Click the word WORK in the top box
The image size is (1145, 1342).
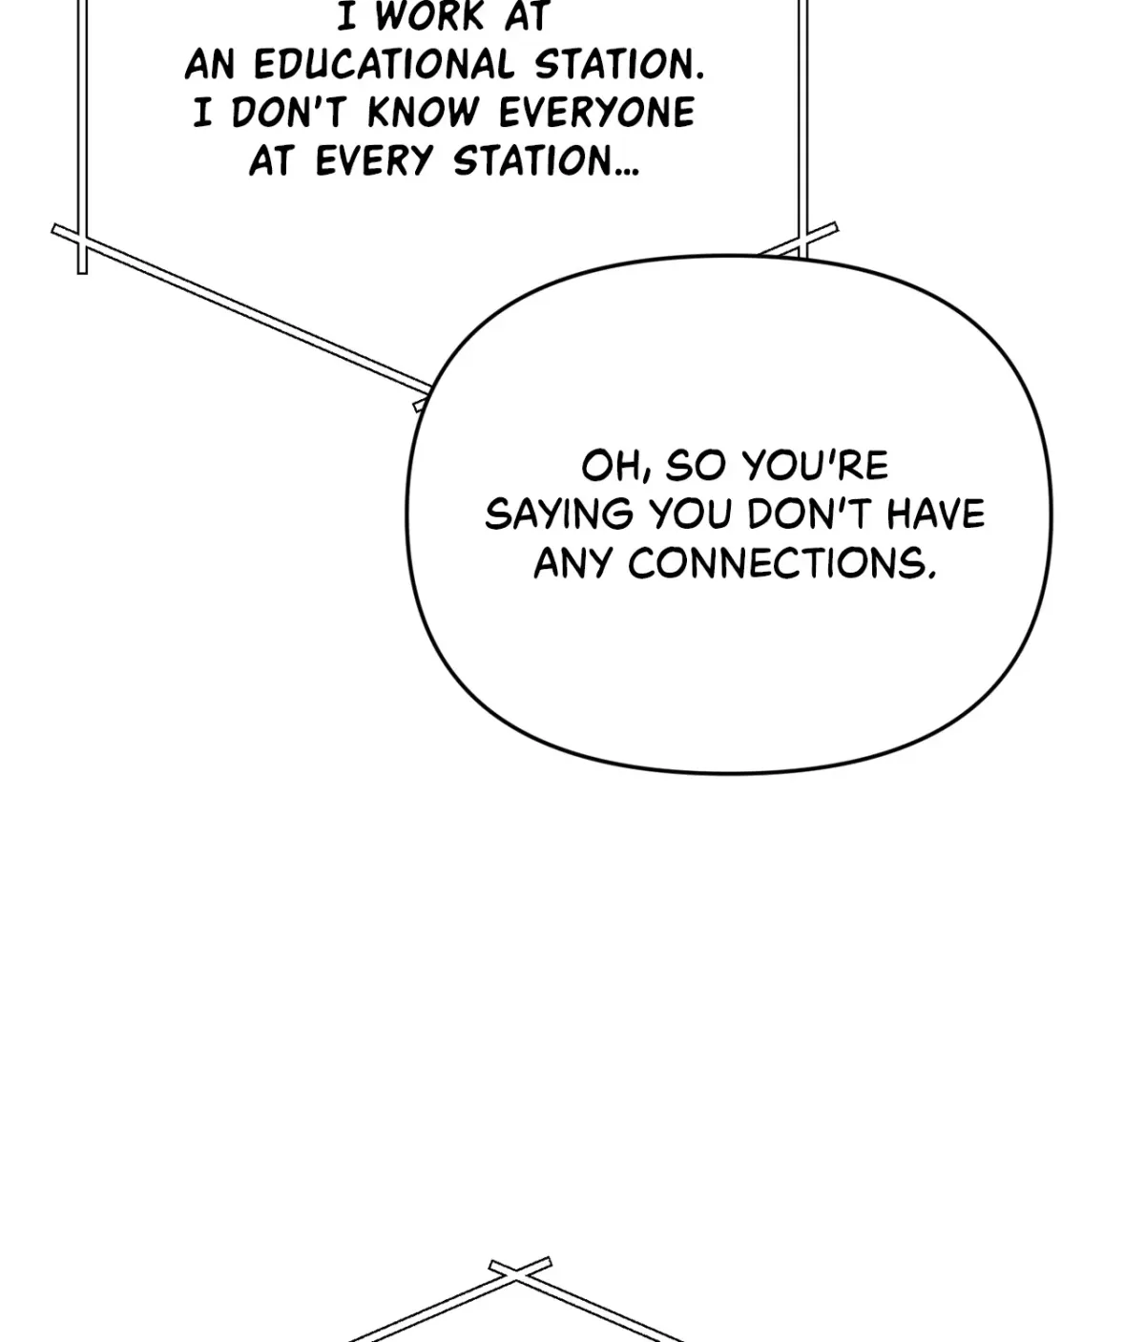tap(429, 15)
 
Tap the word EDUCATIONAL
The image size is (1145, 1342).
tap(384, 65)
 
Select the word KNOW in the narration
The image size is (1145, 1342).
tap(424, 113)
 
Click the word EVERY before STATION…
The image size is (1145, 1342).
tap(374, 161)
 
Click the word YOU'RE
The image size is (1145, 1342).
tap(815, 466)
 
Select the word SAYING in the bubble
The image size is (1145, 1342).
tap(559, 514)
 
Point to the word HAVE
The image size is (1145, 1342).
tap(936, 514)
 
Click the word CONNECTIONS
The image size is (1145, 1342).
tap(782, 563)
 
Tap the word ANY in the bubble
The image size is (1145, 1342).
tap(573, 563)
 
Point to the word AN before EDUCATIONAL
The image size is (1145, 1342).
tap(210, 65)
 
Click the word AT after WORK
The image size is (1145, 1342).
tap(527, 15)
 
